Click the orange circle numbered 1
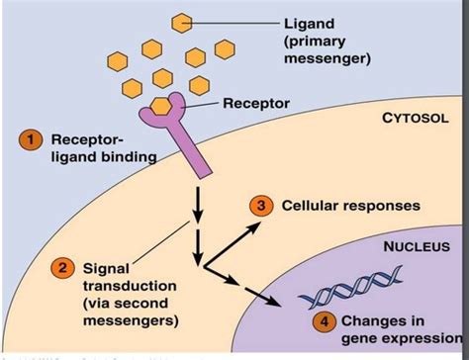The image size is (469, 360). point(32,141)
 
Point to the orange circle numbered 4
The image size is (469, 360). point(323,320)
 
